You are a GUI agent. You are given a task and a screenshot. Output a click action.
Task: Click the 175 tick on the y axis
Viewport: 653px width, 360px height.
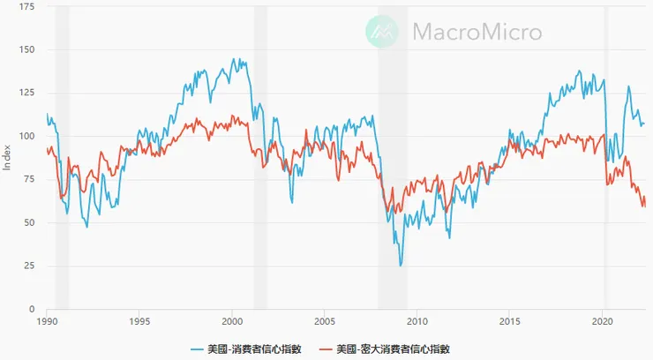tap(26, 7)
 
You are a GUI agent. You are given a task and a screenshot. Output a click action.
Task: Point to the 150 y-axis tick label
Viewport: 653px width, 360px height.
tap(26, 50)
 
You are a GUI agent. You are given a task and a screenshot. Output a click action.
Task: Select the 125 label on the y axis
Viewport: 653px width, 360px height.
tap(26, 94)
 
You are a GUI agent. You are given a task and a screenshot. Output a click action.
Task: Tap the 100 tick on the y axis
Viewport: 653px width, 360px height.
tap(26, 137)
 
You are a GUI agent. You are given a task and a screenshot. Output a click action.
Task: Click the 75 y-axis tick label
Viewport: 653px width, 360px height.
tap(29, 180)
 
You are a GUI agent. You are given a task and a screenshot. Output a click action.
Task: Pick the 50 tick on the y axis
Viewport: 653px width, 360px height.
tap(29, 223)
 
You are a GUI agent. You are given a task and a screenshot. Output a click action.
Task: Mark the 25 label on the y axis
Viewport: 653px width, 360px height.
tap(29, 266)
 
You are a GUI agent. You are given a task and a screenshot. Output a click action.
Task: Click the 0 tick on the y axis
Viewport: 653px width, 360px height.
tap(32, 310)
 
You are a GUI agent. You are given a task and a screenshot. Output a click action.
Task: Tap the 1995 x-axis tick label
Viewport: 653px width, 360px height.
tap(139, 323)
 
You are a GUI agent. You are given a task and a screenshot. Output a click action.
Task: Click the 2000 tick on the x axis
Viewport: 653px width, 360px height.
tap(231, 323)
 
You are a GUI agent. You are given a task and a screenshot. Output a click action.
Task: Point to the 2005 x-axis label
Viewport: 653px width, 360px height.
tap(324, 323)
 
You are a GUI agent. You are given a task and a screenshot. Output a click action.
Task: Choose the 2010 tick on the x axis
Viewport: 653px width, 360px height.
tap(417, 323)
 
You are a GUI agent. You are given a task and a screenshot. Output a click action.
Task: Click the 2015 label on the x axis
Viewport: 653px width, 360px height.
tap(509, 323)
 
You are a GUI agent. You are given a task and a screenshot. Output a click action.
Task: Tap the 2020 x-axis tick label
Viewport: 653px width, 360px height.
tap(602, 323)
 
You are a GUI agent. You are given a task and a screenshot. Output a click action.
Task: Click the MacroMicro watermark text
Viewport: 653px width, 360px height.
tap(477, 33)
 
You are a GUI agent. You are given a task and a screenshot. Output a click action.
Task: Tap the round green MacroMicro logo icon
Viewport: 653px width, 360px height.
tap(384, 33)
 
